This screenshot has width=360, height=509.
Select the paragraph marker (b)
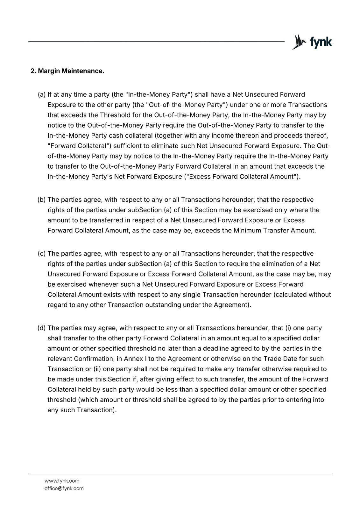[x=42, y=200]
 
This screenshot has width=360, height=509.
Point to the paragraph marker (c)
[x=42, y=254]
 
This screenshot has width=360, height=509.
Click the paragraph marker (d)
[x=42, y=328]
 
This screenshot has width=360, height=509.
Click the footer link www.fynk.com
[x=62, y=481]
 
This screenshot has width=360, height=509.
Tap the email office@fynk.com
[x=64, y=488]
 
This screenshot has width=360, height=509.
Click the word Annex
[x=133, y=359]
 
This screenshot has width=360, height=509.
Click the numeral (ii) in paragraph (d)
[x=97, y=369]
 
